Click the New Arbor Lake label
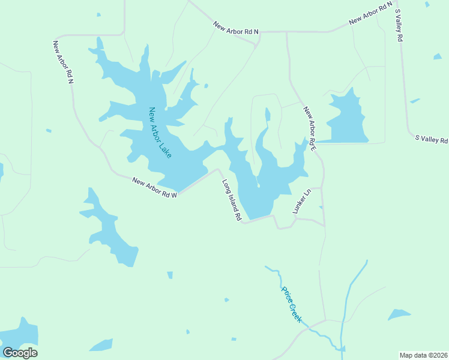(x=160, y=133)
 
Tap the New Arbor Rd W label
(x=154, y=187)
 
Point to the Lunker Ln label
(x=301, y=202)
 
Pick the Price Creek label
(x=291, y=304)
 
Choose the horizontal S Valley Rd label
(x=432, y=139)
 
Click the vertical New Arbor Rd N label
(x=62, y=61)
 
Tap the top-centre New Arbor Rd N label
(x=235, y=28)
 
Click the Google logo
(x=20, y=353)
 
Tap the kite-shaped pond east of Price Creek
(x=399, y=314)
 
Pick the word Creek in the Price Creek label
(x=295, y=313)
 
